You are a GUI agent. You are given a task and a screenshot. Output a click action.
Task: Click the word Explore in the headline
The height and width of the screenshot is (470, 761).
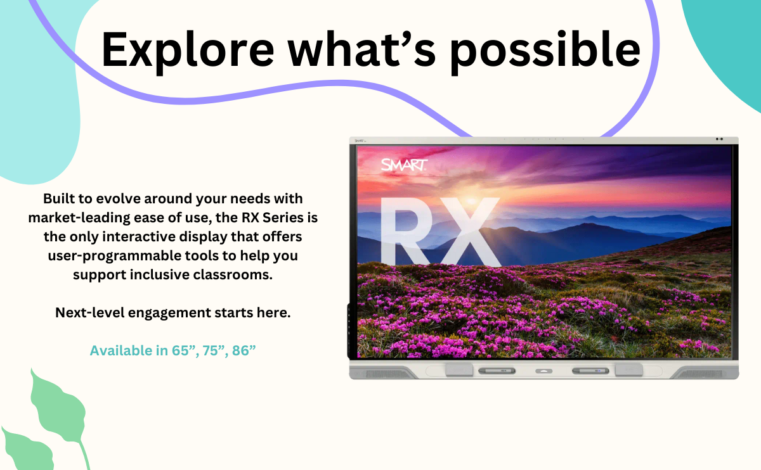(188, 49)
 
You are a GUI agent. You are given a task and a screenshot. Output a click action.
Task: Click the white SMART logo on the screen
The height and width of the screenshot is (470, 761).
(404, 165)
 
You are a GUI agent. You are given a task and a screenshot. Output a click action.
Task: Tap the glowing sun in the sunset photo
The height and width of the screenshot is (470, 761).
(472, 201)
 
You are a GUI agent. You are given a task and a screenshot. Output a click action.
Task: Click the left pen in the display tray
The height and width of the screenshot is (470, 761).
(497, 371)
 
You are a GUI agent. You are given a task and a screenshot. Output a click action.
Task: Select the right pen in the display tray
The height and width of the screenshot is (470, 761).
(590, 371)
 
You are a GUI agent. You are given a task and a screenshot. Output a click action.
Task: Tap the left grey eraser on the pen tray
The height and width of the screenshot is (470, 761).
(459, 369)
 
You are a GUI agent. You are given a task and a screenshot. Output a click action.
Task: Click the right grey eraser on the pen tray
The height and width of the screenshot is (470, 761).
(629, 369)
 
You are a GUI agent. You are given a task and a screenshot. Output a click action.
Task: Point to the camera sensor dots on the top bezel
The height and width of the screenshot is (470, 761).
(719, 139)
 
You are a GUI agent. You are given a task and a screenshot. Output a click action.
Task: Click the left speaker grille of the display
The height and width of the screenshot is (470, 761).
(388, 374)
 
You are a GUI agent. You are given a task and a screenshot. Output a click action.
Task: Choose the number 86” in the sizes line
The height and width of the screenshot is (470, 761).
(244, 350)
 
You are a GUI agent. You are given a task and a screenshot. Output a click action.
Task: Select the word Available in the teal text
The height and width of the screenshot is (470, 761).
(121, 350)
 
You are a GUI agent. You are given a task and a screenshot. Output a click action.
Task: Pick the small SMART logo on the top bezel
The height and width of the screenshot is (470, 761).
(360, 141)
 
